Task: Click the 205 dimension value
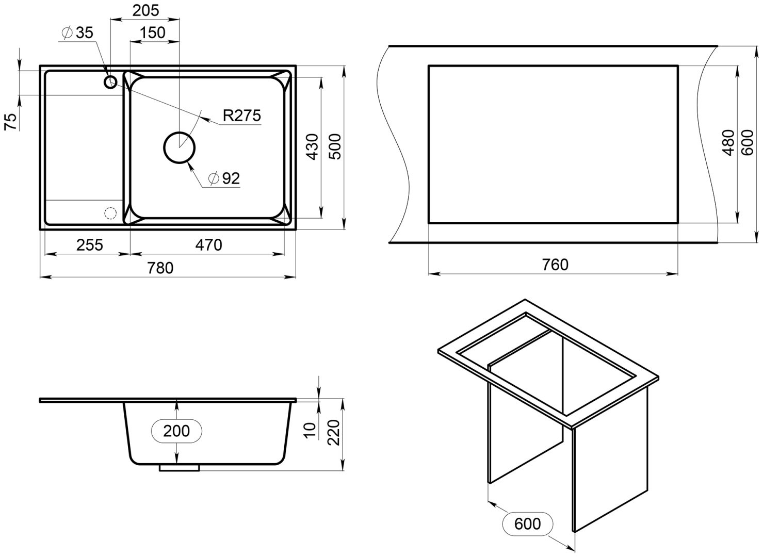coord(145,10)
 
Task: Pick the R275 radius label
coord(241,116)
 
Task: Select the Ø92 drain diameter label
coord(224,178)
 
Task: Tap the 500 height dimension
coord(335,146)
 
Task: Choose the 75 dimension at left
coord(11,122)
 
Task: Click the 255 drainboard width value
coord(90,244)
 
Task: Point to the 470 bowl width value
coord(208,244)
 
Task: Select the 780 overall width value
coord(160,268)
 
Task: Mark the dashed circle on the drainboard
coord(110,213)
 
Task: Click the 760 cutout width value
coord(555,265)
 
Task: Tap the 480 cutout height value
coord(728,142)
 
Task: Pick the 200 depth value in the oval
coord(176,431)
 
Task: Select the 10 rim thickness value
coord(310,430)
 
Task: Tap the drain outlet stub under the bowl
coord(179,468)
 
